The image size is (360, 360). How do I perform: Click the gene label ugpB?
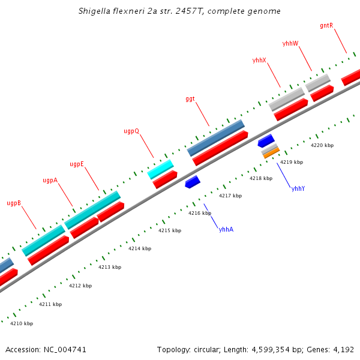(x=14, y=203)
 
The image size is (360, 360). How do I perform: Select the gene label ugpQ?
(x=131, y=130)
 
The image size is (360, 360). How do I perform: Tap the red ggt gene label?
(x=190, y=99)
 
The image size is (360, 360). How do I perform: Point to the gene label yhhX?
(x=259, y=60)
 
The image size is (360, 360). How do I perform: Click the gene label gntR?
(x=326, y=25)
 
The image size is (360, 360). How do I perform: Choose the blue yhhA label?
(x=226, y=229)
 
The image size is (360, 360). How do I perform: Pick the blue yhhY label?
(x=298, y=188)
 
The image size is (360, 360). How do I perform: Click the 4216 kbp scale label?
(x=200, y=213)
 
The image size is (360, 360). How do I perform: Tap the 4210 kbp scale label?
(x=22, y=323)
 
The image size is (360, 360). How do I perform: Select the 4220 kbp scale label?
(x=322, y=145)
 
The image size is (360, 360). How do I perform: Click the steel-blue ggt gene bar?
(x=216, y=137)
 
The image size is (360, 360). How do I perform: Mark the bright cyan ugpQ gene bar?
(x=161, y=169)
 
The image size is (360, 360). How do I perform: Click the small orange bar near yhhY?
(x=271, y=154)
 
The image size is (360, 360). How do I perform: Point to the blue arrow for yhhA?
(x=193, y=181)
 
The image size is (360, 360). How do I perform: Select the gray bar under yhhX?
(x=286, y=99)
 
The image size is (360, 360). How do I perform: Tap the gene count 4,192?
(x=343, y=349)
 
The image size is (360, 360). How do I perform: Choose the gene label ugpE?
(x=77, y=164)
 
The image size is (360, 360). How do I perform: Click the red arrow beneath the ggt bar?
(x=220, y=148)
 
